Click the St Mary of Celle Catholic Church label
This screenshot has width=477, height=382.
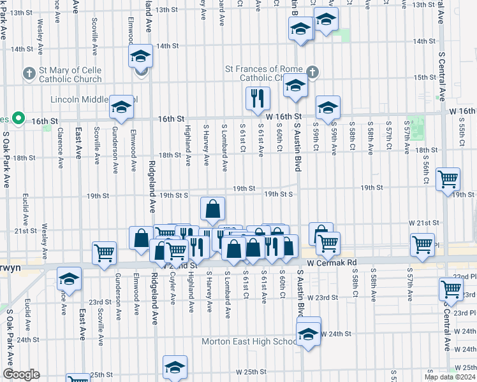[x=70, y=74]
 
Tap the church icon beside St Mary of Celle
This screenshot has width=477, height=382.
[x=29, y=74]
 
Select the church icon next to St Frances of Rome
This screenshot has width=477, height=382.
[x=312, y=73]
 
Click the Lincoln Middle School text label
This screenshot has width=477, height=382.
[x=92, y=101]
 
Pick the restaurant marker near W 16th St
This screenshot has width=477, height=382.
[x=258, y=98]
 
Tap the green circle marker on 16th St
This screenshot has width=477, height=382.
[x=19, y=118]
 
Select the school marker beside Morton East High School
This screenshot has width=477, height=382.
[x=309, y=334]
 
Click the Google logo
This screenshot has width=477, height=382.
[x=21, y=374]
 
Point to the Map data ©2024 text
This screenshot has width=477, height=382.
[x=450, y=377]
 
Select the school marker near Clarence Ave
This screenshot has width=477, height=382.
[x=69, y=279]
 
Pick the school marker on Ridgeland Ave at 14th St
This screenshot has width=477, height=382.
[x=140, y=57]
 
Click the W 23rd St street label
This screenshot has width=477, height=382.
[x=322, y=297]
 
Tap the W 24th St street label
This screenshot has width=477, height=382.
[x=336, y=334]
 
